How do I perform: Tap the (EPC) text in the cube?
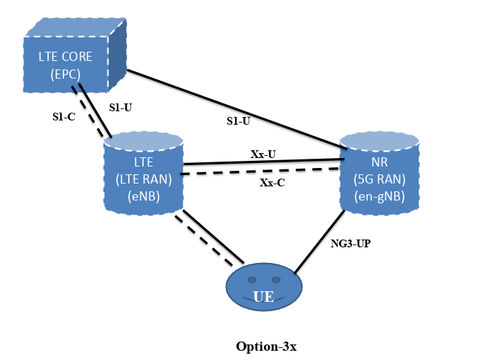(65, 73)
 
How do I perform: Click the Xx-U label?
(263, 153)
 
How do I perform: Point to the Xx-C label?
(272, 182)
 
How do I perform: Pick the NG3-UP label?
(351, 243)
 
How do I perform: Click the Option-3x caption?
(266, 347)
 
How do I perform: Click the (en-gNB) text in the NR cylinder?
(380, 197)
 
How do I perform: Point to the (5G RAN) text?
(380, 180)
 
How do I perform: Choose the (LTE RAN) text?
(144, 179)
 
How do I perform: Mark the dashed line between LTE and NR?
(262, 171)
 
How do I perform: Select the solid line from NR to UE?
(317, 242)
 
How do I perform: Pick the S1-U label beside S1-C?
(120, 107)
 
